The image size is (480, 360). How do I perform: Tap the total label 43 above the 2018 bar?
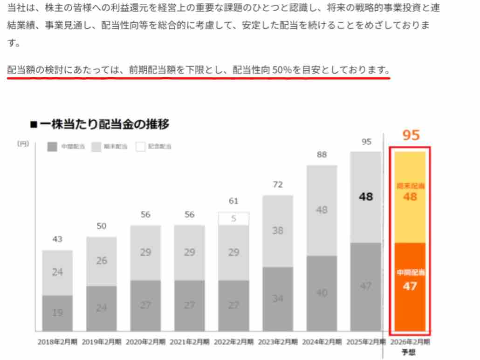[x=57, y=239]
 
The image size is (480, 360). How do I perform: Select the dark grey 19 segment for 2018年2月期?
[x=57, y=313]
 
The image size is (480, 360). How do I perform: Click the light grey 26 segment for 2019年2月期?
[x=102, y=261]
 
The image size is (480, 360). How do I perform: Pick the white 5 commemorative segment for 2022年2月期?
[x=233, y=218]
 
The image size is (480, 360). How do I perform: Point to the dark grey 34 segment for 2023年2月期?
[x=278, y=299]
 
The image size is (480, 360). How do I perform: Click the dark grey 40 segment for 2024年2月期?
[x=322, y=293]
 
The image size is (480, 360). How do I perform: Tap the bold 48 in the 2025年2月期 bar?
[x=366, y=197]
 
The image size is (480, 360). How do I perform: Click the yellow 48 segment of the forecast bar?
[x=410, y=197]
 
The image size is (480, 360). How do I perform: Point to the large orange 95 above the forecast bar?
[x=411, y=136]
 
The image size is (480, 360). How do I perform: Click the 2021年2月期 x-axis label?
[x=190, y=342]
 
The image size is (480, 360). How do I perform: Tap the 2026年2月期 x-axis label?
[x=411, y=342]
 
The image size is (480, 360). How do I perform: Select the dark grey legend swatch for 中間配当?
[x=53, y=147]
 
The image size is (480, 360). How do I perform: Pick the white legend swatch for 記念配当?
[x=141, y=147]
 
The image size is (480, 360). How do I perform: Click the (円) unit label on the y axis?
[x=23, y=144]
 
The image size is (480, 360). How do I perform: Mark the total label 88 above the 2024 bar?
[x=322, y=155]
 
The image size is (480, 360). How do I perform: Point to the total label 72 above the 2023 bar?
[x=278, y=185]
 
